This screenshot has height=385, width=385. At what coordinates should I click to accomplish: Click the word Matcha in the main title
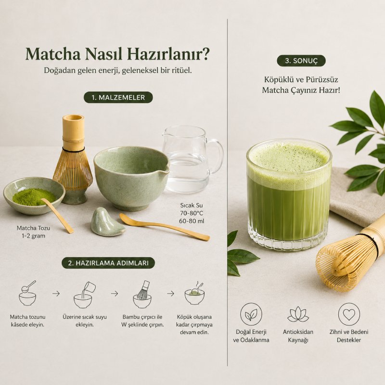[x=53, y=54]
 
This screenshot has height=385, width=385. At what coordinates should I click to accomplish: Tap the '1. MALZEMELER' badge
[x=118, y=98]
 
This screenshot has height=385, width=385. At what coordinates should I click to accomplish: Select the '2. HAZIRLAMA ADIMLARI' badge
[x=108, y=263]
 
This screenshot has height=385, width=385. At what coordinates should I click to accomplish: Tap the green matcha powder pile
[x=34, y=197]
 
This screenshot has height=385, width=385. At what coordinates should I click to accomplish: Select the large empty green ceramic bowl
[x=131, y=178]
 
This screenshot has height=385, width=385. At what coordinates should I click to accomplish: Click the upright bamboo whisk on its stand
[x=74, y=160]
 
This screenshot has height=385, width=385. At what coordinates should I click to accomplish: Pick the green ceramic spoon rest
[x=107, y=222]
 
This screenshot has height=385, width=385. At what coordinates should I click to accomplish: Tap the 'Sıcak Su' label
[x=192, y=205]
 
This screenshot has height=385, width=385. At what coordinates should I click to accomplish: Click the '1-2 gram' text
[x=33, y=236]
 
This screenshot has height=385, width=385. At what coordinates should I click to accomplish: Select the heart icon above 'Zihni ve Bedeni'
[x=349, y=314]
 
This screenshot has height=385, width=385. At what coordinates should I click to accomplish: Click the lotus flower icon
[x=298, y=314]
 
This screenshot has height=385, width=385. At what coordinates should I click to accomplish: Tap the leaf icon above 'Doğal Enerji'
[x=251, y=314]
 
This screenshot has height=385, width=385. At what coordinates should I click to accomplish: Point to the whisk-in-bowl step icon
[x=142, y=295]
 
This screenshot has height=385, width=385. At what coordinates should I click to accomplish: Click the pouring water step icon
[x=84, y=295]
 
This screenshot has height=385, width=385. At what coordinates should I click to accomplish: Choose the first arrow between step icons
[x=56, y=294]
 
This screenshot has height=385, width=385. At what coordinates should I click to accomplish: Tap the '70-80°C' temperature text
[x=192, y=213]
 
